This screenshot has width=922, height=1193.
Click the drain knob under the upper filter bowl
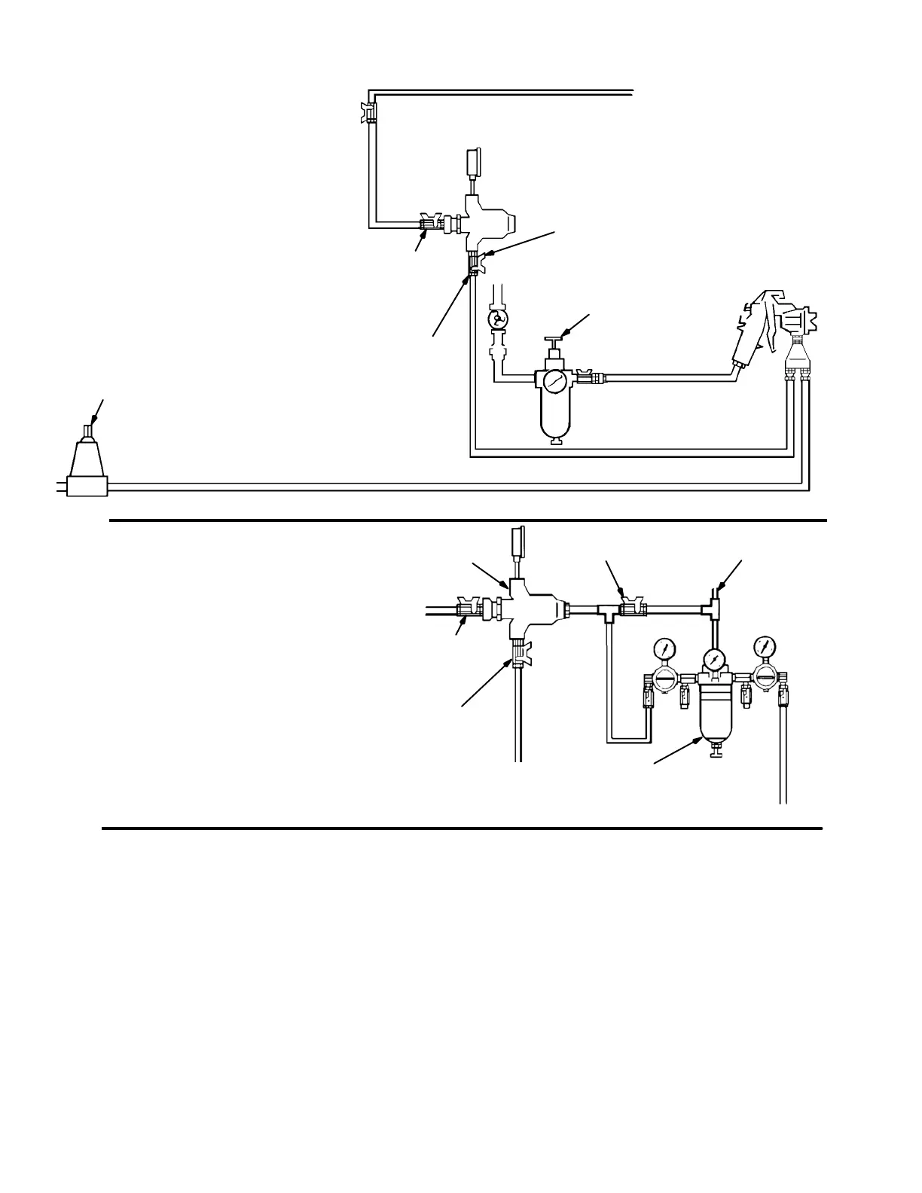click(x=557, y=441)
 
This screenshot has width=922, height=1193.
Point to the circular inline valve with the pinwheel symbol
click(x=496, y=321)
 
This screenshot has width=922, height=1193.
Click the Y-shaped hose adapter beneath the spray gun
click(x=797, y=362)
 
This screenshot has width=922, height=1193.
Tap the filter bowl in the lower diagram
click(x=713, y=712)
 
